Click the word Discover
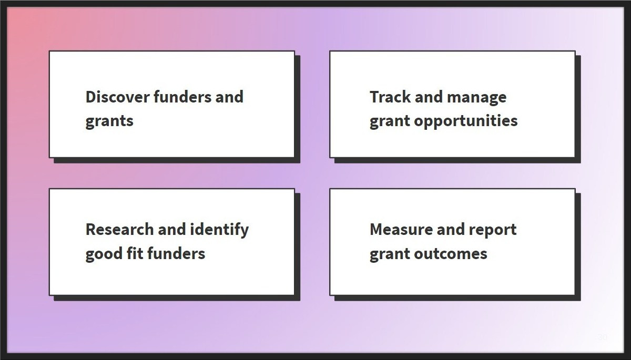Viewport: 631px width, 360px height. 118,97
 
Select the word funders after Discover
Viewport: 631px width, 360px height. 182,97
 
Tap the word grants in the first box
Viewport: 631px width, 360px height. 109,121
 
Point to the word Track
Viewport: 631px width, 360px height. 390,97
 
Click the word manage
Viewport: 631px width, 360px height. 476,98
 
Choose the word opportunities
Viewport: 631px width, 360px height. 466,121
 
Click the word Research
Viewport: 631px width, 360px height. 120,229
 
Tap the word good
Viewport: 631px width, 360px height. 104,254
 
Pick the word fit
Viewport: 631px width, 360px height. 135,253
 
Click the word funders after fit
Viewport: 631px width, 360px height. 176,253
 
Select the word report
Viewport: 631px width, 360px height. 493,230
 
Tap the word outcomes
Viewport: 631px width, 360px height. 451,254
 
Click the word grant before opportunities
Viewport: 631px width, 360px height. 390,121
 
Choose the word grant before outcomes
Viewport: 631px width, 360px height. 390,254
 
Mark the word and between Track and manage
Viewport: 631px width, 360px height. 429,97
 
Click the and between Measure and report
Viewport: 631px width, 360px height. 451,229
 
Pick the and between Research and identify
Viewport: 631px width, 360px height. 172,229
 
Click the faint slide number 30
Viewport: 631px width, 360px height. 603,337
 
